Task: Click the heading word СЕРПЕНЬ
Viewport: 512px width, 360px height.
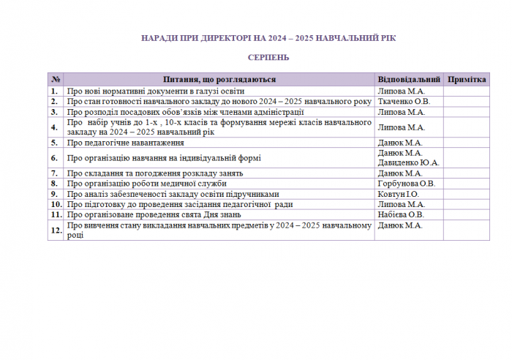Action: click(x=268, y=57)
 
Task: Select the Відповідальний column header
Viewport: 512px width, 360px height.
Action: click(x=409, y=79)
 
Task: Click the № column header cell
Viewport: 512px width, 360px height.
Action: click(x=56, y=79)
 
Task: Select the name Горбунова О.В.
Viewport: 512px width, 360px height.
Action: click(x=406, y=184)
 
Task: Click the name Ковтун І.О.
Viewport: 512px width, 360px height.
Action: click(x=398, y=194)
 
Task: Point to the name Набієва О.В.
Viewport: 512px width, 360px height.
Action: click(x=401, y=215)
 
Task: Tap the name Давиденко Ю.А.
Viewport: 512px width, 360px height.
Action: click(x=408, y=163)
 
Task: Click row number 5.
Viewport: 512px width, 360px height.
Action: click(x=55, y=143)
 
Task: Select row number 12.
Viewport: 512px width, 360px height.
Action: click(x=56, y=230)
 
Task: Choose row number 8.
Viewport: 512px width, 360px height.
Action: click(x=55, y=184)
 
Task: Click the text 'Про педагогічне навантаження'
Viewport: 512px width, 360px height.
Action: click(x=124, y=143)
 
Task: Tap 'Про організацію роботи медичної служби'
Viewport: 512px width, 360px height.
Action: click(x=146, y=184)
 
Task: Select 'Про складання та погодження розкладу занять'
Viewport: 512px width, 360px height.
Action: click(x=154, y=173)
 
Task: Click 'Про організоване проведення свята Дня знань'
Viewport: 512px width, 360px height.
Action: click(x=154, y=215)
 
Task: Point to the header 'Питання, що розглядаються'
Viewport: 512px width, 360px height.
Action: click(x=219, y=79)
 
